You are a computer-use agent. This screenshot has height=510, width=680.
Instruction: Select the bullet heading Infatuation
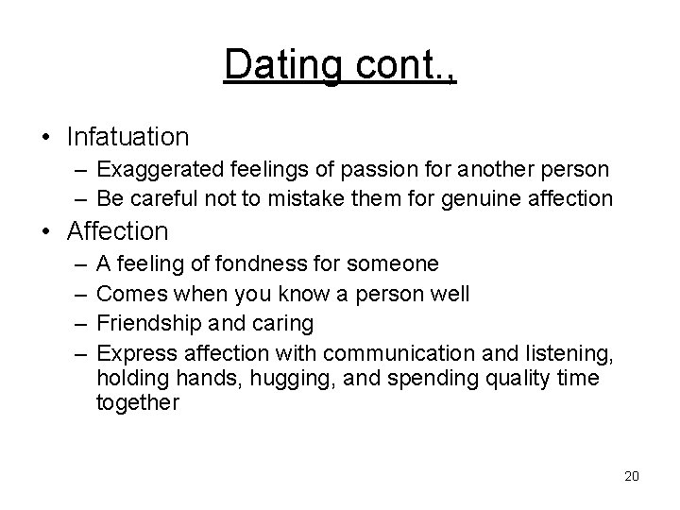pos(127,137)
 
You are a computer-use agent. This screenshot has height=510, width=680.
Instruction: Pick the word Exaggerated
pos(153,171)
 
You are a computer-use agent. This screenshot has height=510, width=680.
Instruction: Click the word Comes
pos(128,294)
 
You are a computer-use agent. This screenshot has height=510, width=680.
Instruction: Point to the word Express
pos(132,352)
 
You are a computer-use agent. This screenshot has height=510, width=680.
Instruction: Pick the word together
pos(136,401)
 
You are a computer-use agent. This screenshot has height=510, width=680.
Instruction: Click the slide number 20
pos(632,476)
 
